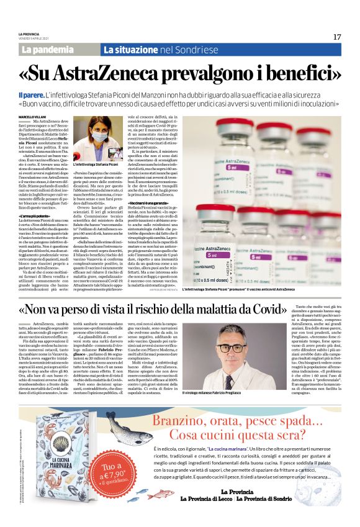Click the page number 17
337,37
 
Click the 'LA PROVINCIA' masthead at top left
27,34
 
